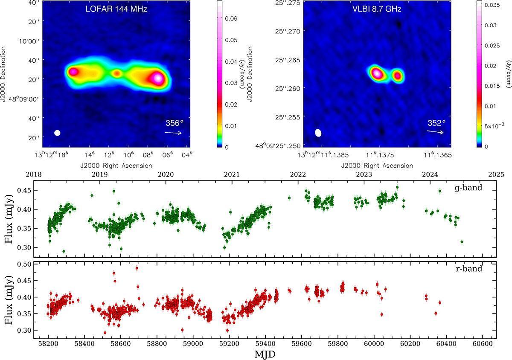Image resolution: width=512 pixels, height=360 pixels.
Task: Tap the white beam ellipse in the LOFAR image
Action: pos(57,133)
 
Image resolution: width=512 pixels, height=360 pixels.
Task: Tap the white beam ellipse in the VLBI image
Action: pos(318,133)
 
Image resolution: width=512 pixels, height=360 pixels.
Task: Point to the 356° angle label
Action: pos(174,123)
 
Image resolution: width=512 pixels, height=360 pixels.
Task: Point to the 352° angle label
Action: pos(436,123)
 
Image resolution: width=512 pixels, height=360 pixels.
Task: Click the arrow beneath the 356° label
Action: pos(173,133)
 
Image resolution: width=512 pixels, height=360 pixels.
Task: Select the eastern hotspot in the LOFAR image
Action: pos(73,72)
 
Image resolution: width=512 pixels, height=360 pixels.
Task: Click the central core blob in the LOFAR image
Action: pos(116,73)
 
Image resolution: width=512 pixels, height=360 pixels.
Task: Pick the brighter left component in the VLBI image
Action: pos(377,73)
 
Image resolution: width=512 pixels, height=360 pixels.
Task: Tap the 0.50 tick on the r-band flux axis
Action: pos(26,264)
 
